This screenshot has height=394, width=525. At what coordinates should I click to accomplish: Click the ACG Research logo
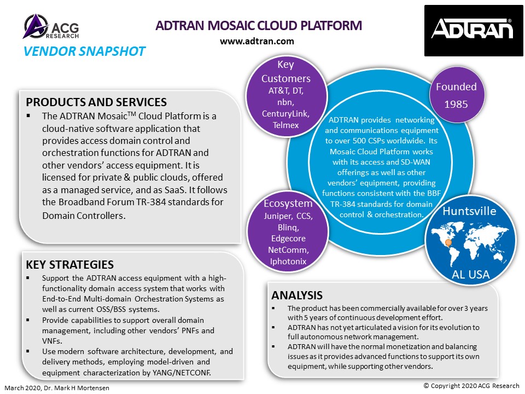point(51,26)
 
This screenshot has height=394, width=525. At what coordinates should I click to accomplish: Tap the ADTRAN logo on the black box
point(472,29)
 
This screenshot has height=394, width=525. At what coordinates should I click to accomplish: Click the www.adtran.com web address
point(257,41)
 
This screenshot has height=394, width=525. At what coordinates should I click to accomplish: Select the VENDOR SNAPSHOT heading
point(84,51)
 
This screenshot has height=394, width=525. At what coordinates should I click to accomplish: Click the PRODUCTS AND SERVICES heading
point(96,102)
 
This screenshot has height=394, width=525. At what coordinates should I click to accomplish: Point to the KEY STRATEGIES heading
point(69,264)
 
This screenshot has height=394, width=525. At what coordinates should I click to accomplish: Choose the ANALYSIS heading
point(297,295)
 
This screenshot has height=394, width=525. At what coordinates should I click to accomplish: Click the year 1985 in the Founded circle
point(456,104)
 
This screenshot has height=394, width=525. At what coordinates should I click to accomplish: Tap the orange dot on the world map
point(448,242)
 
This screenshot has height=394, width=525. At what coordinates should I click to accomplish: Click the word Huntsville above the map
point(469,211)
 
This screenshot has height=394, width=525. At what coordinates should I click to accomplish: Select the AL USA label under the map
point(470,275)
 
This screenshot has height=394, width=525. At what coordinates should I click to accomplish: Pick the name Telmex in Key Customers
point(285,125)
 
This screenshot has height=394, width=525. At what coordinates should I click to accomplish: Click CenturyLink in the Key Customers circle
point(285,114)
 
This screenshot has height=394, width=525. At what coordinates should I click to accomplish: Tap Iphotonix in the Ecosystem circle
point(288,262)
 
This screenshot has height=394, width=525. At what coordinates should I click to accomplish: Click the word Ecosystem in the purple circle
point(288,204)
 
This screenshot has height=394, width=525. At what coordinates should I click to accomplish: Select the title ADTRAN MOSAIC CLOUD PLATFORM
point(259,26)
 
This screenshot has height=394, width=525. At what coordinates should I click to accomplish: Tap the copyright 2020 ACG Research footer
point(471,386)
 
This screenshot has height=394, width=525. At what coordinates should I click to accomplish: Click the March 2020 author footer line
point(57,388)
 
